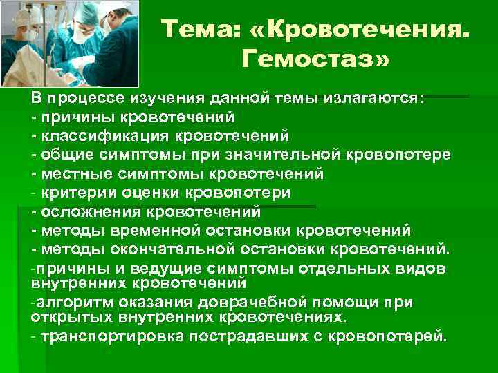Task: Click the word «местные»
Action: tap(70, 173)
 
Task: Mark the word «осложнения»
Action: tap(83, 211)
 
